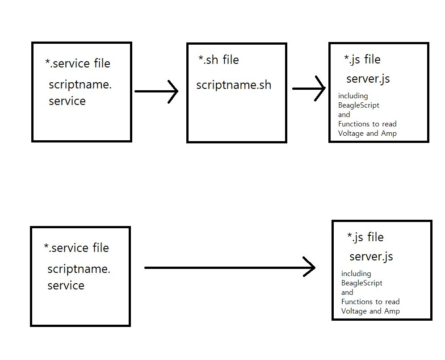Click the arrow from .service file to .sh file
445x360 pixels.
(x=156, y=92)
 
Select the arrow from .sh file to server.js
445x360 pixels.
(x=309, y=88)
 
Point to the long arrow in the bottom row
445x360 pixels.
(x=230, y=268)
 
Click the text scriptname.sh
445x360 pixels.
(x=234, y=85)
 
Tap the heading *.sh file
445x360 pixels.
(x=218, y=60)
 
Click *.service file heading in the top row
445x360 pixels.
(x=78, y=63)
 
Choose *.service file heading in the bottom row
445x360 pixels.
(x=76, y=248)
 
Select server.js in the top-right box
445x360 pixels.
(x=368, y=79)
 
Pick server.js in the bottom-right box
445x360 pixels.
(x=371, y=257)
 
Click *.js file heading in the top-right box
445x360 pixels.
(x=362, y=59)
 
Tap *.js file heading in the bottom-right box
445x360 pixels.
(x=365, y=237)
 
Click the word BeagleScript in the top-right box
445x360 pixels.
(x=359, y=105)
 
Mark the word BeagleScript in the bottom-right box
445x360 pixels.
(x=362, y=283)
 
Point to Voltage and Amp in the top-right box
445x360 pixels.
(x=367, y=134)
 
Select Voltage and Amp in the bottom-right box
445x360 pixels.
(x=370, y=311)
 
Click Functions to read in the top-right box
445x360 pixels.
(x=367, y=124)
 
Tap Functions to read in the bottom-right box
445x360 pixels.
(x=370, y=302)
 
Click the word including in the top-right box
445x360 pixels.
(x=353, y=96)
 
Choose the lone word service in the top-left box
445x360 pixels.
(x=67, y=101)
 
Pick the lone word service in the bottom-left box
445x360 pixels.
(x=66, y=286)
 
